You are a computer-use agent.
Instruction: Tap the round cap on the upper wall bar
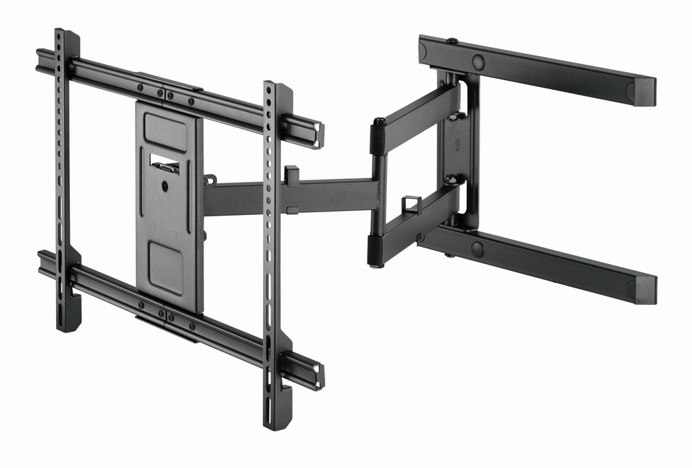tap(478, 62)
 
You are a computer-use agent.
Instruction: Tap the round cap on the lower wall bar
tap(477, 248)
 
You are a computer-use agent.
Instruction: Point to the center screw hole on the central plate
tap(165, 185)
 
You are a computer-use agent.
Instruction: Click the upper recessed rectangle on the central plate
tap(165, 131)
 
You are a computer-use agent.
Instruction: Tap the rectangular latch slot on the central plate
tap(165, 164)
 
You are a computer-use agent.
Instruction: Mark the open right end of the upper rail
tap(318, 135)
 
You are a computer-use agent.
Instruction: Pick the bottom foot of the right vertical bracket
tap(277, 418)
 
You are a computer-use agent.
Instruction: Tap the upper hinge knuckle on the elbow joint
tap(379, 135)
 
